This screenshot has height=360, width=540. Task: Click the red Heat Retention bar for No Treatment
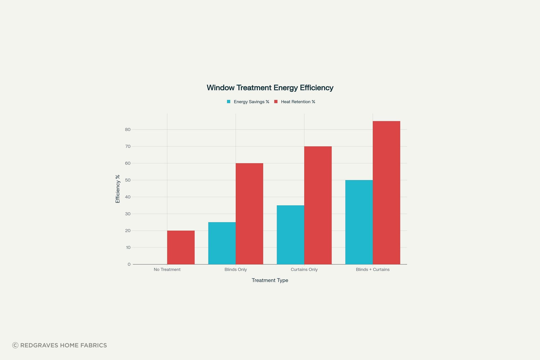pos(181,247)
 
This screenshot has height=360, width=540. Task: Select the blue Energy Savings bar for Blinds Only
pos(222,243)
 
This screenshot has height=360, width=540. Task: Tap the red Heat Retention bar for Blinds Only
pos(249,214)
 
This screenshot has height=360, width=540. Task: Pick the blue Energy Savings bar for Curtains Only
pos(291,235)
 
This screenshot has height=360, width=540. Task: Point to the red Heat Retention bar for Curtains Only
pos(318,205)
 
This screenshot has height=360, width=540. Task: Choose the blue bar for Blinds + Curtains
pos(359,222)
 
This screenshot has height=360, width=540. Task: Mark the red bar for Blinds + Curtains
pos(386,193)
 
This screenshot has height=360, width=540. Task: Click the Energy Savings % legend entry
pos(248,102)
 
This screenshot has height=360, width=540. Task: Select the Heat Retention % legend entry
pos(295,102)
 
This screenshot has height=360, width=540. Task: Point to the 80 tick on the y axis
pos(128,129)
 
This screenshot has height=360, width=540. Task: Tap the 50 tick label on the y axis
pos(128,180)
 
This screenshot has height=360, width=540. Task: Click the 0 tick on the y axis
pos(129,264)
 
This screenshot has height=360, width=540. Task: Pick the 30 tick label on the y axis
pos(128,214)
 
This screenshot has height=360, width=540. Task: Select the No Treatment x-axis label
pos(167,269)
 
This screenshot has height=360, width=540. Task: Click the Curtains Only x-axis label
pos(304,269)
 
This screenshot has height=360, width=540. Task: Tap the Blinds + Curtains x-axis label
pos(373,269)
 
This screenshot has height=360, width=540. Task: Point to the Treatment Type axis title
pos(270,280)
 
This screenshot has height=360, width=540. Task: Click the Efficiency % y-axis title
pos(118,189)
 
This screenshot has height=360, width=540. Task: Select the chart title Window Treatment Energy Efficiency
pos(270,88)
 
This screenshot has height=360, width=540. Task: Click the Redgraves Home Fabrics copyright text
pos(60,345)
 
